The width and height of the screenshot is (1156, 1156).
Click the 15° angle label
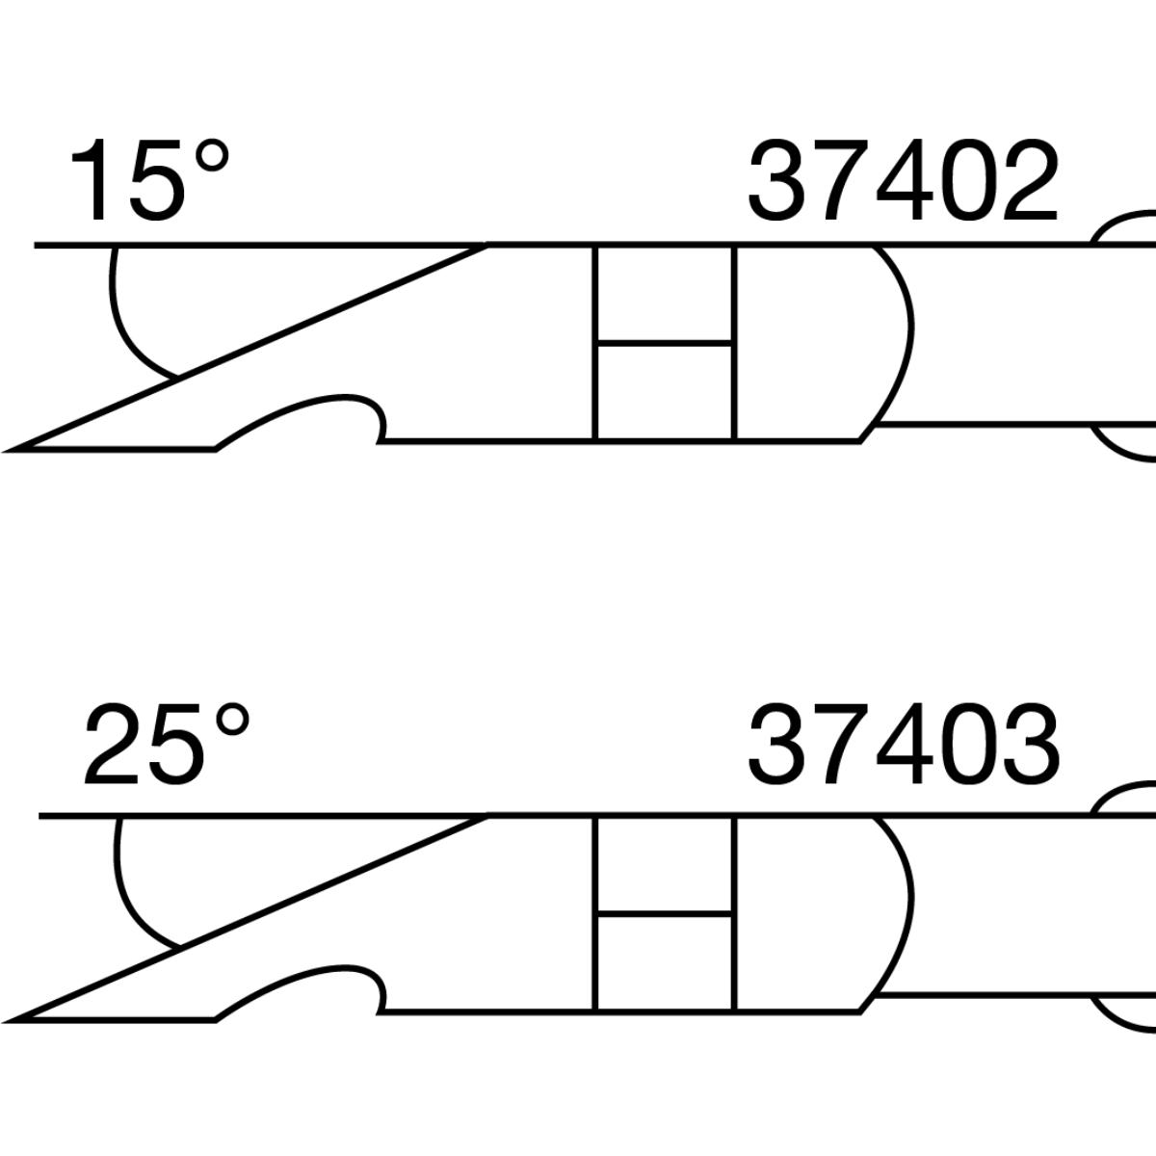click(150, 180)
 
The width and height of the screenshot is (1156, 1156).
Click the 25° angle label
click(166, 744)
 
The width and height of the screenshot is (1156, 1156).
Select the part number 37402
click(904, 180)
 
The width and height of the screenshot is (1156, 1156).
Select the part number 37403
click(904, 744)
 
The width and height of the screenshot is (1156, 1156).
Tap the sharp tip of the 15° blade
click(7, 449)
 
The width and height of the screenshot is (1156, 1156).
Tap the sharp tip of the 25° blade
click(7, 1020)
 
